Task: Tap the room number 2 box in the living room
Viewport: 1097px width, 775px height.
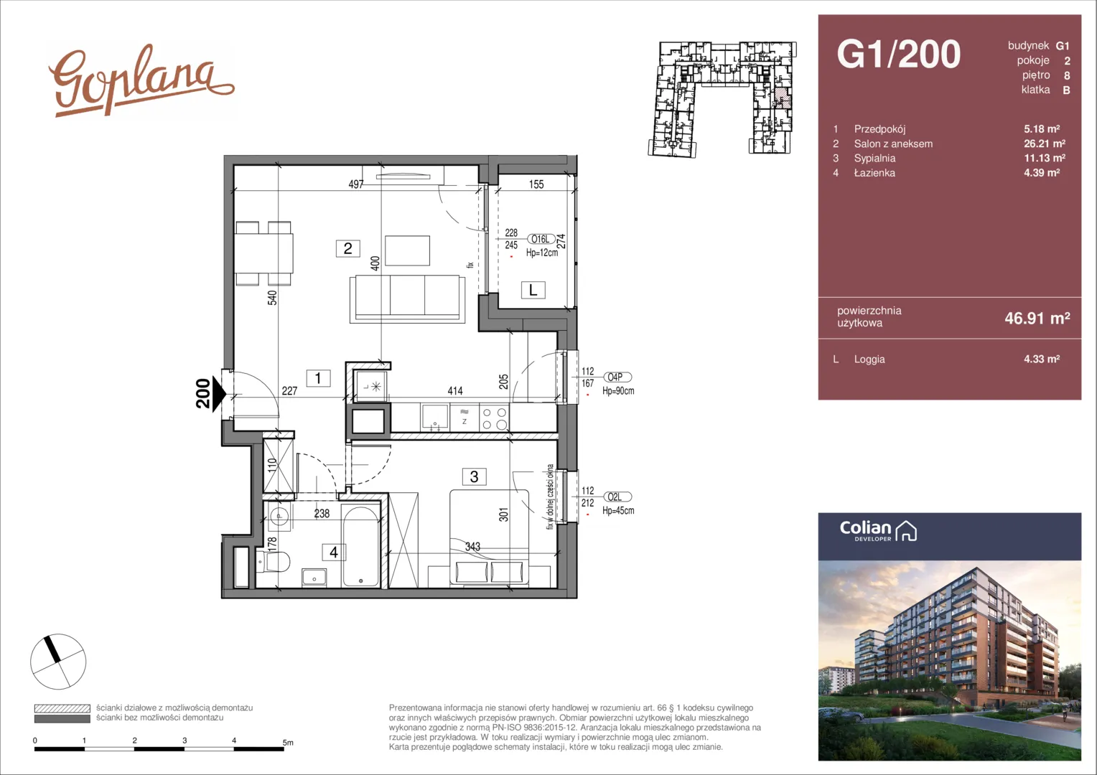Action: [347, 248]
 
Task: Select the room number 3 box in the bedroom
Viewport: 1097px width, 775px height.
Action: [474, 476]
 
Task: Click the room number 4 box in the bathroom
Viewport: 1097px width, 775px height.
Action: [334, 553]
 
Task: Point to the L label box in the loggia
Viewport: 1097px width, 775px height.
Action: [533, 290]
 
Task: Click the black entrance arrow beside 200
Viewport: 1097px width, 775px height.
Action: [218, 394]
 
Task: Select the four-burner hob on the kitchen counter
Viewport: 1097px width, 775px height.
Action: [494, 418]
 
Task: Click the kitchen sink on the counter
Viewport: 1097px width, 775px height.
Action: [434, 418]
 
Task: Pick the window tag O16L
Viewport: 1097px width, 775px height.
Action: [541, 240]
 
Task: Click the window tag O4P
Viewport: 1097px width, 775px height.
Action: [617, 377]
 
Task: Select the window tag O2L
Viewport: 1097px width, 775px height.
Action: [617, 497]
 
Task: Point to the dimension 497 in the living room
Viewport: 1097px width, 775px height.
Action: [356, 184]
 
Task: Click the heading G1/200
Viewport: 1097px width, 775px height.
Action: [899, 55]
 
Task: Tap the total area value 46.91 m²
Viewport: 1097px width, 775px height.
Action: [1037, 318]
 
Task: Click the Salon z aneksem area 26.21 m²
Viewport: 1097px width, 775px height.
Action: [1045, 144]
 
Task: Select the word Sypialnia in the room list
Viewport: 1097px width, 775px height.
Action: [874, 158]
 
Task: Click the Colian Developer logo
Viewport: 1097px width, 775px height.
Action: [878, 531]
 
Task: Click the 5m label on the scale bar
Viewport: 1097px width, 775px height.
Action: [288, 743]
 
